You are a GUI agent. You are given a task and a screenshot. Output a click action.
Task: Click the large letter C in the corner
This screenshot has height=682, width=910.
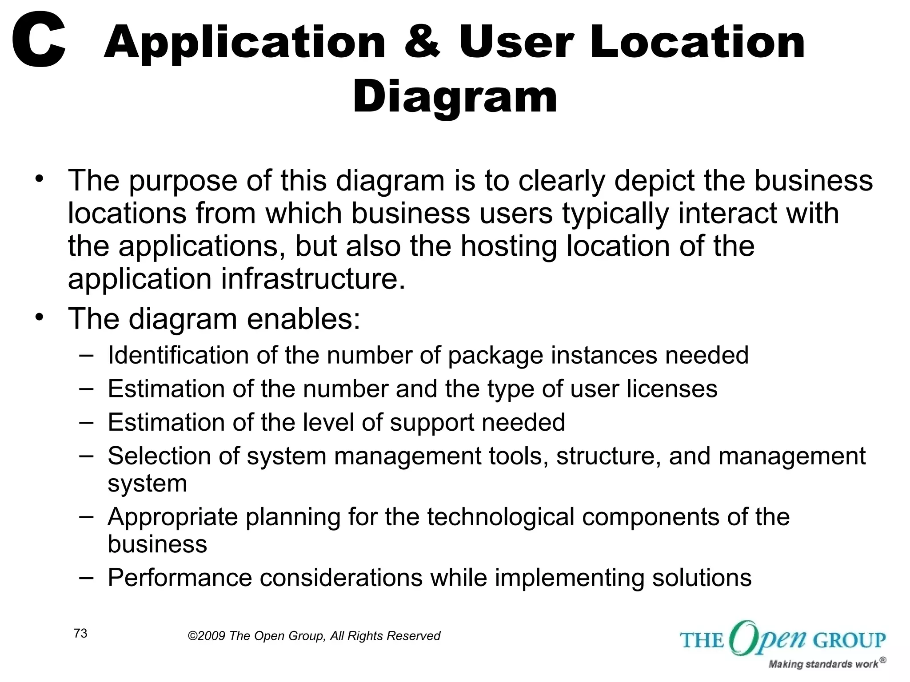pyautogui.click(x=39, y=41)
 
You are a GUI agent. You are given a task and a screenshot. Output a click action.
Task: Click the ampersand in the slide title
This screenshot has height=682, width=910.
pyautogui.click(x=422, y=42)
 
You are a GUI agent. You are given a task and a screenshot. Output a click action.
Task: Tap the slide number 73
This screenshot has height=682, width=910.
pyautogui.click(x=80, y=634)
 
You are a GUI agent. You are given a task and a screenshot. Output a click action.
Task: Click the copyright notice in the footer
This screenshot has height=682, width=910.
pyautogui.click(x=314, y=636)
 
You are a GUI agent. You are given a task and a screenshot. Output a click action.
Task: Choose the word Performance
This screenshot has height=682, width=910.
pyautogui.click(x=180, y=578)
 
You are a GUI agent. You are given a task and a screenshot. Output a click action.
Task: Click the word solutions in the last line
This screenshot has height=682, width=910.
pyautogui.click(x=702, y=578)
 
